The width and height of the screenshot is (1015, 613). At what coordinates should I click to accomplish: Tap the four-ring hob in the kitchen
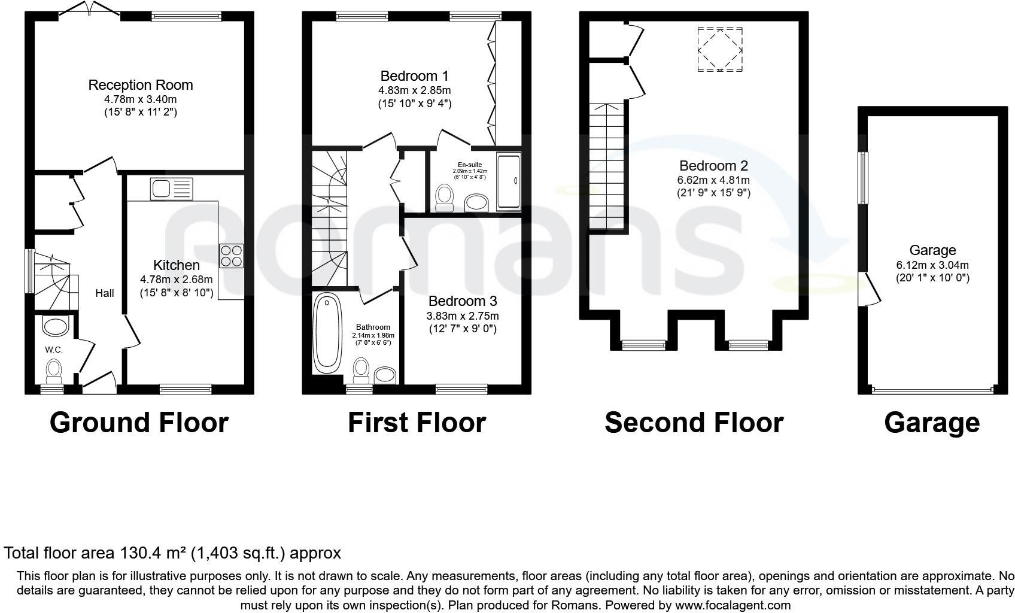(x=232, y=256)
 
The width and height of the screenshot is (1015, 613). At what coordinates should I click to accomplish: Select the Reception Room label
(x=141, y=85)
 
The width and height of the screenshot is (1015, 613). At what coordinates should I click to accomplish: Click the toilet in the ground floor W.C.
(x=54, y=371)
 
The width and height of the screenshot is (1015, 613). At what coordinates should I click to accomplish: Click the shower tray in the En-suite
(x=509, y=182)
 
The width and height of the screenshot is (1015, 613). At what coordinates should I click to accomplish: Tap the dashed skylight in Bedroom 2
(x=720, y=50)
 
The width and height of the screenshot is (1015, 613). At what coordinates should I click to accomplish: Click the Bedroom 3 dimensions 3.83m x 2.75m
(x=463, y=316)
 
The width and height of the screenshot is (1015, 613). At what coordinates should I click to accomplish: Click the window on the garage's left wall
(x=863, y=178)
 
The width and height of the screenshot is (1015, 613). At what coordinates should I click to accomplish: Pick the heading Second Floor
(x=694, y=423)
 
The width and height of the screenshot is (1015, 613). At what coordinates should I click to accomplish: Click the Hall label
(x=105, y=293)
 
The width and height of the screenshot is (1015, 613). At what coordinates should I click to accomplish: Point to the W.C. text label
(x=54, y=350)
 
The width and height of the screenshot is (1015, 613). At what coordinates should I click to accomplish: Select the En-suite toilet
(x=445, y=198)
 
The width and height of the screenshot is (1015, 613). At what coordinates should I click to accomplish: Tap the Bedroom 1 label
(x=414, y=76)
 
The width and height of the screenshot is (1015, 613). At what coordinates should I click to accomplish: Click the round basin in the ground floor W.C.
(x=56, y=327)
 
